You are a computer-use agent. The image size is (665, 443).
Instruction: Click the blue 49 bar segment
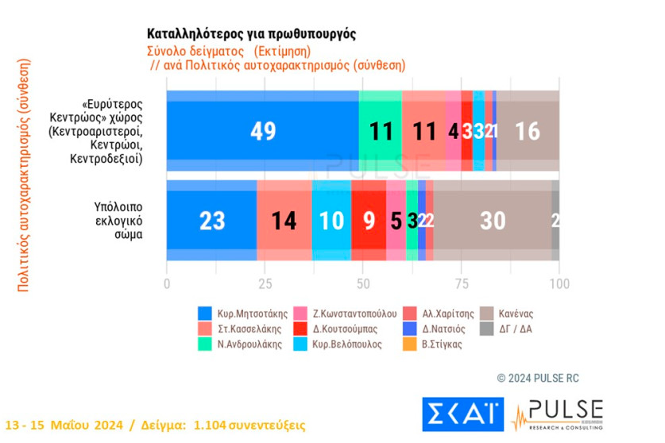262,131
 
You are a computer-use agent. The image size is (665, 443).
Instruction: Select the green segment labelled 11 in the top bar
381,131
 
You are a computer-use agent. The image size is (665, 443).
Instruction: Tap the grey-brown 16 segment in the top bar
528,131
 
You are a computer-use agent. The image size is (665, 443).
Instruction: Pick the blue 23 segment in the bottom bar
211,221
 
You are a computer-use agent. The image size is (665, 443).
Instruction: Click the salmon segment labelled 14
284,221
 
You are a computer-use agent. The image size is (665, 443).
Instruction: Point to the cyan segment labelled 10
331,221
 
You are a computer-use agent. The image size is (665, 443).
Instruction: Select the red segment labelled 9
369,221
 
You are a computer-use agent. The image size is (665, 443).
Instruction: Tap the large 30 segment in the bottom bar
493,221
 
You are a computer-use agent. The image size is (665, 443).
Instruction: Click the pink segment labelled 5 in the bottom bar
396,221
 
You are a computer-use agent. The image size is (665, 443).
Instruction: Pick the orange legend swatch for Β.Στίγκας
411,345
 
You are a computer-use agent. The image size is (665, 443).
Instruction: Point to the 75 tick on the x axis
461,285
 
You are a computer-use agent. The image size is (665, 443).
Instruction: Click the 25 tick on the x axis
265,285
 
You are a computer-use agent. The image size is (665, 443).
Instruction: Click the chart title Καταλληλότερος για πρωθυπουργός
252,34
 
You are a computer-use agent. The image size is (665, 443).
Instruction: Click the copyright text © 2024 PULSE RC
539,378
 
